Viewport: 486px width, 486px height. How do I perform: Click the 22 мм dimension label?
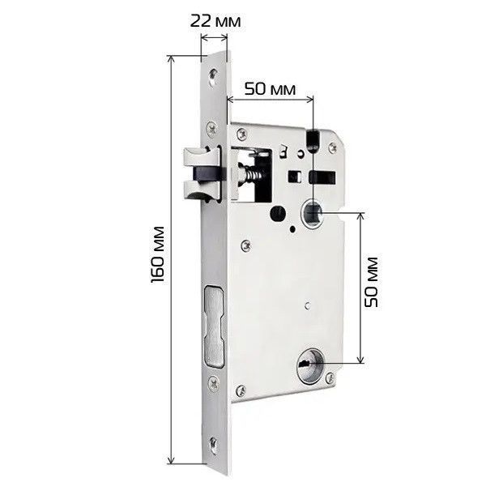tap(215, 21)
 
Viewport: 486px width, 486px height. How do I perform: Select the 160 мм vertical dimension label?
tap(157, 254)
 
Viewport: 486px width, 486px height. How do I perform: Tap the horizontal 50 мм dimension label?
tap(270, 89)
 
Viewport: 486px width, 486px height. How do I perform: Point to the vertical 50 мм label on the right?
tap(371, 282)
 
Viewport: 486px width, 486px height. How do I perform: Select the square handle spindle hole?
tap(313, 214)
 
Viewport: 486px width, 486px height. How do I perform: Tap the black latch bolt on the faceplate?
tap(207, 174)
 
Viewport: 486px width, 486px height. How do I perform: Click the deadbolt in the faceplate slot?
tap(214, 326)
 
